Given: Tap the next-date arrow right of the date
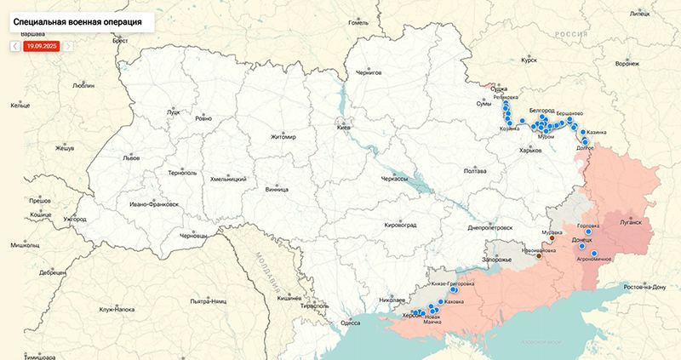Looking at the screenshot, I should [x=69, y=46].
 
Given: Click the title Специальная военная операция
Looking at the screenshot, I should [x=77, y=18].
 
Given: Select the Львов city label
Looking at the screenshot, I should [x=131, y=158].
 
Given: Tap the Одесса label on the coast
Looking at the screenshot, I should [x=350, y=323].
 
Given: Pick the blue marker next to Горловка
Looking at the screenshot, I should [x=588, y=231].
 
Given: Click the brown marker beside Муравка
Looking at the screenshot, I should [x=552, y=239].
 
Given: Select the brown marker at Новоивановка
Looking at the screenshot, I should [x=539, y=258].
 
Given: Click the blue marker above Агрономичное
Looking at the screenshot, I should [x=594, y=254].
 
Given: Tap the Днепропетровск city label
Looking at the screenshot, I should [x=490, y=228].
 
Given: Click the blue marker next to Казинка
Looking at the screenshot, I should [x=581, y=132].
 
